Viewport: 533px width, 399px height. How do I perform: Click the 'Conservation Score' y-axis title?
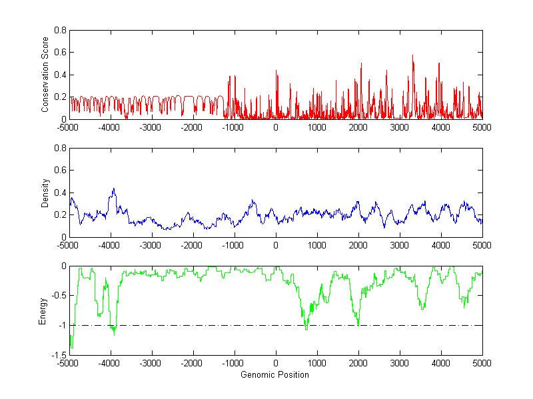coord(45,75)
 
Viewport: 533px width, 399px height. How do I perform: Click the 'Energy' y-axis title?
coord(43,310)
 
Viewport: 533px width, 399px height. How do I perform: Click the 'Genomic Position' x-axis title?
coord(275,374)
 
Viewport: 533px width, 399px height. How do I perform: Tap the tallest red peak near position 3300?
coord(413,55)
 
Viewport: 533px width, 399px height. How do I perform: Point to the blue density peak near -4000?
coord(114,189)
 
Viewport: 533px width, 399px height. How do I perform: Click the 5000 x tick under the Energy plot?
coord(482,363)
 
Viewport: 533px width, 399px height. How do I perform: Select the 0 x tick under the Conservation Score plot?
coord(276,127)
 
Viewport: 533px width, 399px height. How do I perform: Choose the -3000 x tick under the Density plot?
coord(151,245)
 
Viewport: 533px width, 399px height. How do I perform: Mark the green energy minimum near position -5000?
coord(71,348)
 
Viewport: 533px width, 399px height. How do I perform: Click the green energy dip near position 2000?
coord(358,324)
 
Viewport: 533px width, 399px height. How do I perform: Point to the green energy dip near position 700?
coord(306,328)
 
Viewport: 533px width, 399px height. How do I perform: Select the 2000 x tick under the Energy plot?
coord(358,363)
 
